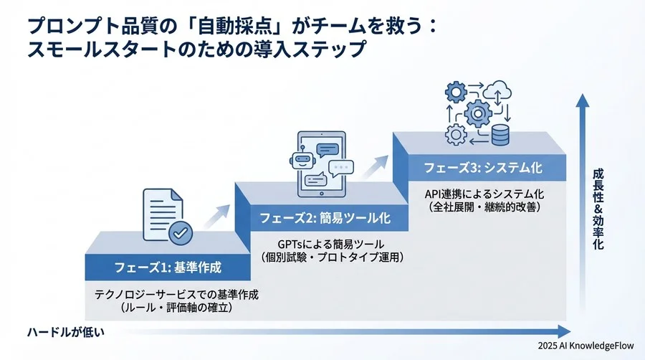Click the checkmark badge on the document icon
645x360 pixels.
(178, 232)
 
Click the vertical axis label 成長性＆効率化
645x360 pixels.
(597, 209)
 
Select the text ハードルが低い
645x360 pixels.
(66, 331)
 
